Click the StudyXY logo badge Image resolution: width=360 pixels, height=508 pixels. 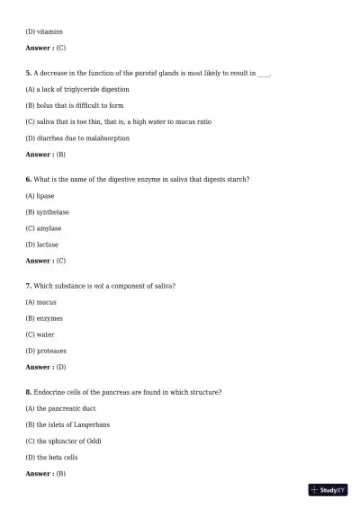[x=328, y=490]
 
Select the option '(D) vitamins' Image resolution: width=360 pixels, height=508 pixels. [x=44, y=31]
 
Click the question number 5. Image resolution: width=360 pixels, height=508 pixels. [x=29, y=73]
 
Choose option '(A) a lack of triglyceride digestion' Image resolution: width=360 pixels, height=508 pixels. [x=77, y=89]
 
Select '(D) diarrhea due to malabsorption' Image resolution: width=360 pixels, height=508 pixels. [x=77, y=138]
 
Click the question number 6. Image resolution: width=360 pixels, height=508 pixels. [x=29, y=179]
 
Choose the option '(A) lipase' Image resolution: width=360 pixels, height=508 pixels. [x=40, y=195]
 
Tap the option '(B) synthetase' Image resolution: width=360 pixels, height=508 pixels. [x=48, y=211]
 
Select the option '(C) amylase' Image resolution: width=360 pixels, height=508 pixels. [x=44, y=228]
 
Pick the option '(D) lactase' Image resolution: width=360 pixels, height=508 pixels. [x=43, y=245]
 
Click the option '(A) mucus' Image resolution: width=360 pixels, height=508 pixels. [x=41, y=301]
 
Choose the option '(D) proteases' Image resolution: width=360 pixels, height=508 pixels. [x=46, y=351]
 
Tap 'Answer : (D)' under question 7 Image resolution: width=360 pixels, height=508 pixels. [x=46, y=367]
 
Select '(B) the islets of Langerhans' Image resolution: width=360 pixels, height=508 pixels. [x=68, y=424]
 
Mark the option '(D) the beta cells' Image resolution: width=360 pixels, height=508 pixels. [x=52, y=457]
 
